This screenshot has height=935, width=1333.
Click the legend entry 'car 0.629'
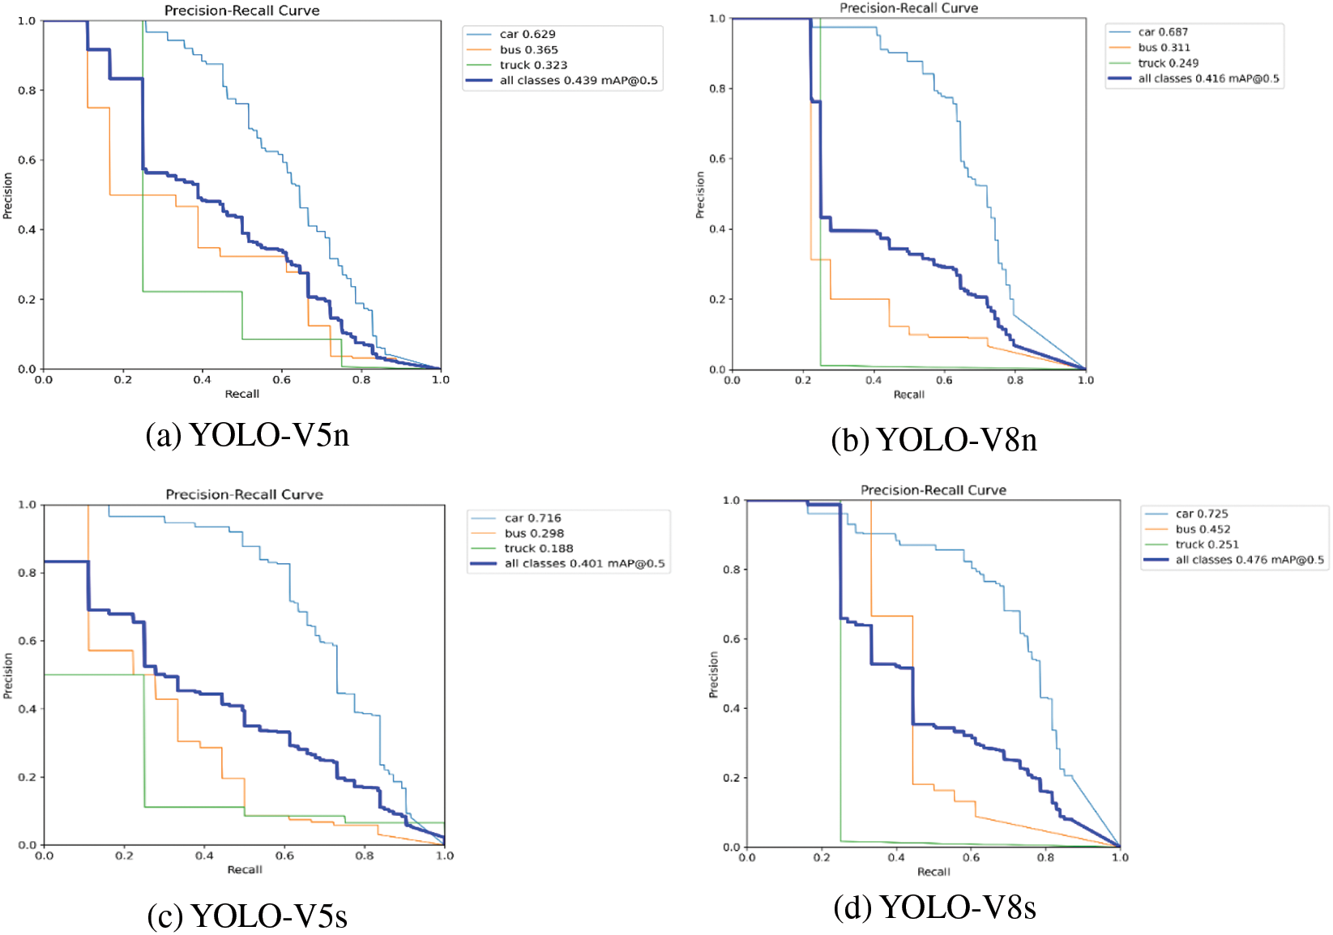coord(528,34)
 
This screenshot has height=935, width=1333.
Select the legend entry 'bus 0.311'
coord(1164,48)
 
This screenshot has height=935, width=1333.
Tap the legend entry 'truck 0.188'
coord(539,549)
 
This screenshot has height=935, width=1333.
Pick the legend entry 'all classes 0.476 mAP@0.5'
coord(1250,560)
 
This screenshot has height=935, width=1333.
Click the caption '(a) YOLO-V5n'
coord(247,435)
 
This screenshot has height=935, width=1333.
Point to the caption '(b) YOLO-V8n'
coord(934,440)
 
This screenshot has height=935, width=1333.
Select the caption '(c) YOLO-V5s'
coord(247,916)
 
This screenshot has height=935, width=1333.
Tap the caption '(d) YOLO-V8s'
coord(934,907)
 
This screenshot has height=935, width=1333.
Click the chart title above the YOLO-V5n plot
coord(241,11)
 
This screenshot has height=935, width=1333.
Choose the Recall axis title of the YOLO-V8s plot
coord(934,872)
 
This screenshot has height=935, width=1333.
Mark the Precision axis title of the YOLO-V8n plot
coord(700,194)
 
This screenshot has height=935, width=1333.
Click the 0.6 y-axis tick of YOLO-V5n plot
coord(27,160)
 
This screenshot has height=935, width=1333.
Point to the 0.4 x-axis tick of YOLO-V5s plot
coord(204,856)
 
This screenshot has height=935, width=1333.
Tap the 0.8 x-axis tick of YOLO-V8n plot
coord(1015,380)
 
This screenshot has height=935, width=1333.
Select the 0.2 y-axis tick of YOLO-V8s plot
coord(731,778)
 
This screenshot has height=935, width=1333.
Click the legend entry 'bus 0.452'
coord(1203,529)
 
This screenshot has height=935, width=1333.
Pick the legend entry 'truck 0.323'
coord(533,65)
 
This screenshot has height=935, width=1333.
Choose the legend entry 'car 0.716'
coord(532,518)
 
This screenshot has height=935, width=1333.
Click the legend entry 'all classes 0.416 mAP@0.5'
coord(1208,79)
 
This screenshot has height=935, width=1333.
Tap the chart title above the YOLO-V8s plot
coord(934,490)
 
